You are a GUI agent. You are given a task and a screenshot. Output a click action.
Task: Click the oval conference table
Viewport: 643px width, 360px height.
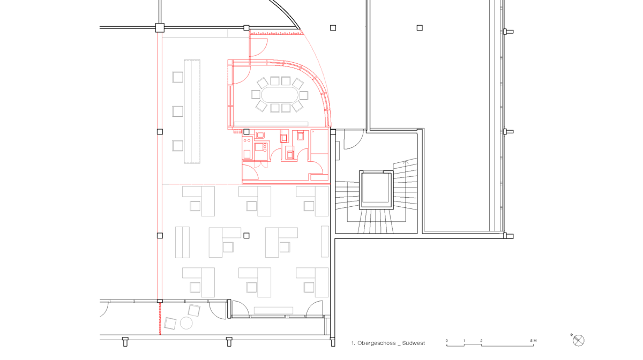point(280,95)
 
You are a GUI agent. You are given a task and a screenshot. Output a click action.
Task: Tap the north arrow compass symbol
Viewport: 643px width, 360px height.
point(578,341)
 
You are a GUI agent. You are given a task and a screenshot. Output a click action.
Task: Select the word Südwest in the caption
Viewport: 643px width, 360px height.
point(413,343)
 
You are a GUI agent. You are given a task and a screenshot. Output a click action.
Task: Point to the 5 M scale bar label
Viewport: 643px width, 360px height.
point(533,341)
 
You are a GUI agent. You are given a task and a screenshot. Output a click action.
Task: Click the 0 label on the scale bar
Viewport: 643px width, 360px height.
point(447,341)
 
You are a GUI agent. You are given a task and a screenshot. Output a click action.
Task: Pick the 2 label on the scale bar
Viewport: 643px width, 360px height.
point(481,341)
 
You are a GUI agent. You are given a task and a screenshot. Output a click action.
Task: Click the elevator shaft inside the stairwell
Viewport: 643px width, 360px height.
point(376,190)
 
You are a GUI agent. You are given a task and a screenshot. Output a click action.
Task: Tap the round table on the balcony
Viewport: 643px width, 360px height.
point(186,323)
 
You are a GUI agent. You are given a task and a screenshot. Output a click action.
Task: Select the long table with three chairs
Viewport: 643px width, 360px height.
point(192,111)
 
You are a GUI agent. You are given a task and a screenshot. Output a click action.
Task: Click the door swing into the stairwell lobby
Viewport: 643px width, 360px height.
point(354,139)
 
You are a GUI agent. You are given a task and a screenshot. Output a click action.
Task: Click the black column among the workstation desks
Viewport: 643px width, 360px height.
point(246,235)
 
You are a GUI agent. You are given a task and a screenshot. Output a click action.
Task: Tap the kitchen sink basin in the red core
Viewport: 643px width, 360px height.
point(260,135)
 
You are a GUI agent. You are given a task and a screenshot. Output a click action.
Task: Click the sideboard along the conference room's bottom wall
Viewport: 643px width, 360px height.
point(271,124)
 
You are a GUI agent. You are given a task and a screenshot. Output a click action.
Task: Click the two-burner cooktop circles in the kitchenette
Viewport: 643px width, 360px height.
point(246,141)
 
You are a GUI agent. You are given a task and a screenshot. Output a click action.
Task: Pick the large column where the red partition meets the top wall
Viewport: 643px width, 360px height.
point(160,28)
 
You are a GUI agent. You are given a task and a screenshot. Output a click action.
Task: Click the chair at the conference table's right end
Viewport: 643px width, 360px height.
point(303,95)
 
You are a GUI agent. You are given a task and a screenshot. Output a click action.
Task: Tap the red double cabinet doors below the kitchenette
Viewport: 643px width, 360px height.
point(261,164)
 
